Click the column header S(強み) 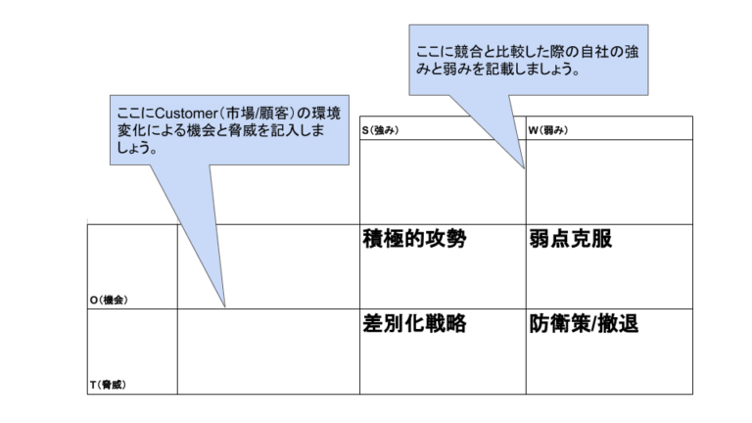[x=382, y=130]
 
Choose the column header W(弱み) [x=548, y=130]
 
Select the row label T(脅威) [x=109, y=385]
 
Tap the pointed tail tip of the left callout [x=226, y=306]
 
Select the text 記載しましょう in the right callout [x=537, y=70]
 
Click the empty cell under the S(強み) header [x=442, y=181]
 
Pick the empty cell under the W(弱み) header [x=608, y=181]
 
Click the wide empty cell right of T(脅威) [x=267, y=352]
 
